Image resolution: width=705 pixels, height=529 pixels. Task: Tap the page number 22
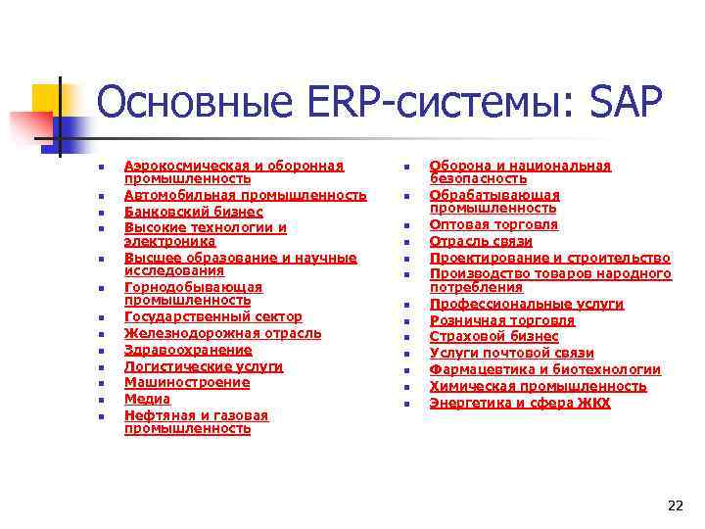pos(675,505)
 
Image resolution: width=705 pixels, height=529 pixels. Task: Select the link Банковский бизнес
pos(194,212)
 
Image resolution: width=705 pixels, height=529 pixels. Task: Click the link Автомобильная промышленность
pos(245,195)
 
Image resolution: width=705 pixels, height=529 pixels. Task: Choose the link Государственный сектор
pos(213,317)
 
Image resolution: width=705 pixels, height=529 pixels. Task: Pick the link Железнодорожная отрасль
pos(222,333)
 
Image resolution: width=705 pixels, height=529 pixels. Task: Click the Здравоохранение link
pos(188,350)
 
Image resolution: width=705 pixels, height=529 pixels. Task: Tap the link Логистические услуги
pos(204,366)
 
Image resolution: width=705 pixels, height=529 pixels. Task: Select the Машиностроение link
pos(187,382)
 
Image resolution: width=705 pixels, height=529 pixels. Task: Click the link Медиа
pos(147,399)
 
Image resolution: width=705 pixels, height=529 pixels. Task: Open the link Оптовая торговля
pos(494,224)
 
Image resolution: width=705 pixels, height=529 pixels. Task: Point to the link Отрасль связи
pos(481,241)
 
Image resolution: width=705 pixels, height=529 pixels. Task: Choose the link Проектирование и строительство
pos(550,258)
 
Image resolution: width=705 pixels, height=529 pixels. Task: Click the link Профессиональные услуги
pos(527,305)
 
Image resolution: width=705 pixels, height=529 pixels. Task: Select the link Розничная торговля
pos(502,320)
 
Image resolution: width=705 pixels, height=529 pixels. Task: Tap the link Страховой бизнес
pos(494,336)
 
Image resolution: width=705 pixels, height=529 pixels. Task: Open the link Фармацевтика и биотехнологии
pos(545,369)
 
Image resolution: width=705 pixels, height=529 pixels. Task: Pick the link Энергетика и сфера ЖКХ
pos(520,403)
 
